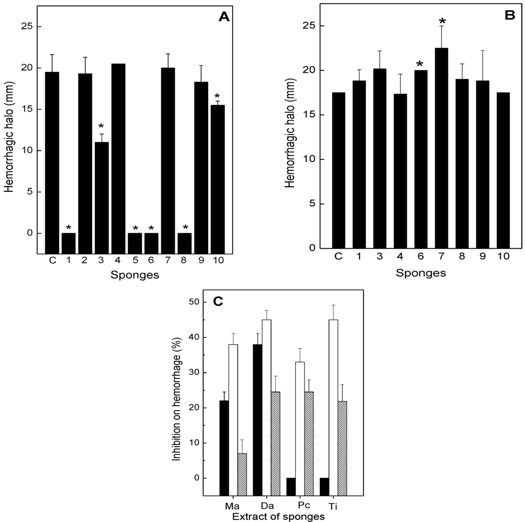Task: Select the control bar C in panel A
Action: [52, 152]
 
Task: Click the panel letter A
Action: [225, 17]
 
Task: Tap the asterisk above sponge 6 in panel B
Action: [420, 64]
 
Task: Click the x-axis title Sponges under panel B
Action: [420, 273]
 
